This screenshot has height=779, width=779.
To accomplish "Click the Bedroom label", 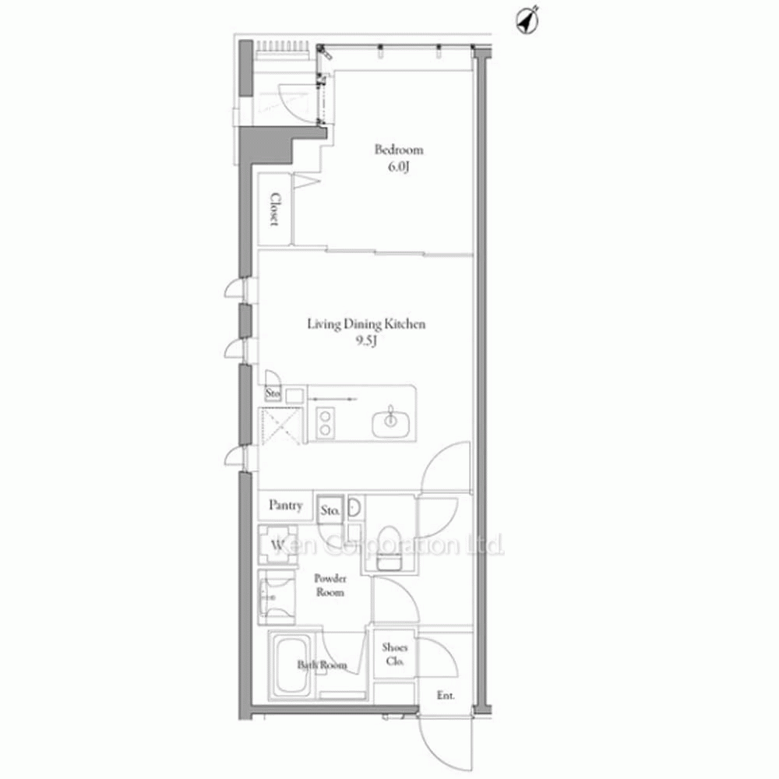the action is (398, 150).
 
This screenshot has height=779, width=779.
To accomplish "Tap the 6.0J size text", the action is (398, 167).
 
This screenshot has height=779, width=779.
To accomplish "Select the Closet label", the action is (274, 209).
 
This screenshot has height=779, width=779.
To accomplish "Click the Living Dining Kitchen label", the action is (366, 324).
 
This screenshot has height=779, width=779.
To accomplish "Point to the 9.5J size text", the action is (366, 341).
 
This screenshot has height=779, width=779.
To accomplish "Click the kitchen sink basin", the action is (391, 423).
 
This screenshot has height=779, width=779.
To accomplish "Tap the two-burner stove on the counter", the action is (325, 422).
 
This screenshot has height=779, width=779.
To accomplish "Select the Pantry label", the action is (286, 506).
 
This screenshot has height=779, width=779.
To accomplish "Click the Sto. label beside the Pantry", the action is (330, 510).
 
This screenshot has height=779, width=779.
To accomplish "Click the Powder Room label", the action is (330, 585).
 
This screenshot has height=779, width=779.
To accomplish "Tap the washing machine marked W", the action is (277, 545).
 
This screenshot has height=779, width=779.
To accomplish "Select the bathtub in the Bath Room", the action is (293, 666).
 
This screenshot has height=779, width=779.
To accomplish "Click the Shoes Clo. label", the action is (395, 654).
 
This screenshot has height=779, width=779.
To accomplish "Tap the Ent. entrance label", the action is (446, 696).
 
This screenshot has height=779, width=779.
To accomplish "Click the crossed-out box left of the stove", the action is (280, 426).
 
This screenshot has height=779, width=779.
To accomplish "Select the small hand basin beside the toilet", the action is (354, 507).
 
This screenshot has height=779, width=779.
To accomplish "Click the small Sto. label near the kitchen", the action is (273, 394).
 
